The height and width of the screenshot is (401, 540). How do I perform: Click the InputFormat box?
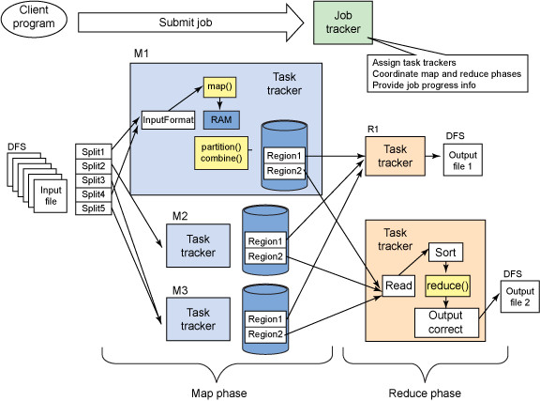[168, 120]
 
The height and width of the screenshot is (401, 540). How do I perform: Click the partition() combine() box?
[218, 153]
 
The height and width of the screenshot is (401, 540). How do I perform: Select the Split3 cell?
[94, 179]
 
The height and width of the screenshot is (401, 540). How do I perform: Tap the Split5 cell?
[94, 208]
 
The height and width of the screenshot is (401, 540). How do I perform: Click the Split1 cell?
[94, 151]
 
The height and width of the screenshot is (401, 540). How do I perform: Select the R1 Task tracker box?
[394, 156]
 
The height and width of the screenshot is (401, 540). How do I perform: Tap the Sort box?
[446, 254]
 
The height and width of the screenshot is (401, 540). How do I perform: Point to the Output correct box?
[446, 323]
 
